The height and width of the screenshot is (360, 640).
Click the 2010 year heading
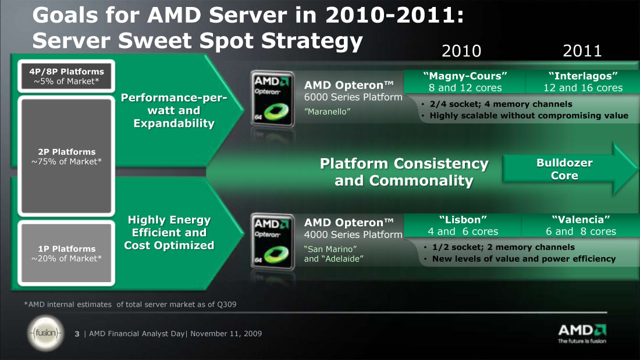(x=461, y=51)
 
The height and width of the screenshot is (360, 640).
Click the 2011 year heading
(x=582, y=51)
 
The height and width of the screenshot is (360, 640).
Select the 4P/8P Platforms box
(x=66, y=76)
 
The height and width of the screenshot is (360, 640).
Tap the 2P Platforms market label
(x=66, y=156)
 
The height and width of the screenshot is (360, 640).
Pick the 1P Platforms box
(x=66, y=253)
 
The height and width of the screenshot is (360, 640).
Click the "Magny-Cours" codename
(x=465, y=76)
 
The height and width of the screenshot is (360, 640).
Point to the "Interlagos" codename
(x=583, y=76)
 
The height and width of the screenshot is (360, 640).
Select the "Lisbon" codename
(x=463, y=220)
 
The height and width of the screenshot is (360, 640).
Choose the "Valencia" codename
(x=581, y=220)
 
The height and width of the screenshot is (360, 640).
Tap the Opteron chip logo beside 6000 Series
(x=272, y=98)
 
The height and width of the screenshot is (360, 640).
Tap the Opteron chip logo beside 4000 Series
(x=272, y=241)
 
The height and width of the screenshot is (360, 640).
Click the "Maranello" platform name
(x=328, y=112)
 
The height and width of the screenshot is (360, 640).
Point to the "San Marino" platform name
(x=330, y=249)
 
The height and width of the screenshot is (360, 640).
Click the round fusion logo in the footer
(x=46, y=333)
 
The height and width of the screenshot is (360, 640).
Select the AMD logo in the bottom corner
(x=582, y=333)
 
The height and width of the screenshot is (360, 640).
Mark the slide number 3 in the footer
(x=77, y=334)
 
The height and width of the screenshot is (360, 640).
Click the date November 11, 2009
(x=226, y=333)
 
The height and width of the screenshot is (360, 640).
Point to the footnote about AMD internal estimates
(x=130, y=304)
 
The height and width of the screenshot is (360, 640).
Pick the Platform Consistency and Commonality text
(x=404, y=172)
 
